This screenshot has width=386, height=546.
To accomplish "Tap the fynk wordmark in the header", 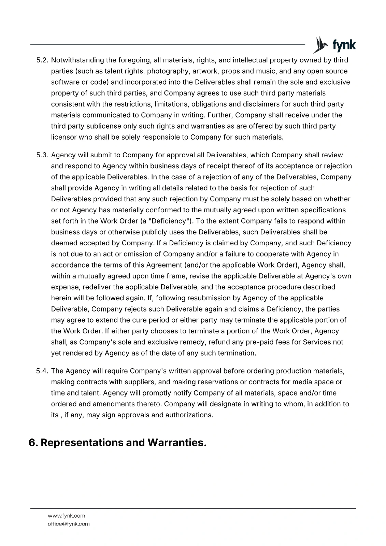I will pos(344,45).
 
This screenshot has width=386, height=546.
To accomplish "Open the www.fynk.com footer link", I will pos(66,516).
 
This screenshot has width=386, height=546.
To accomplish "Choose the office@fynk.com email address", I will pos(69,524).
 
